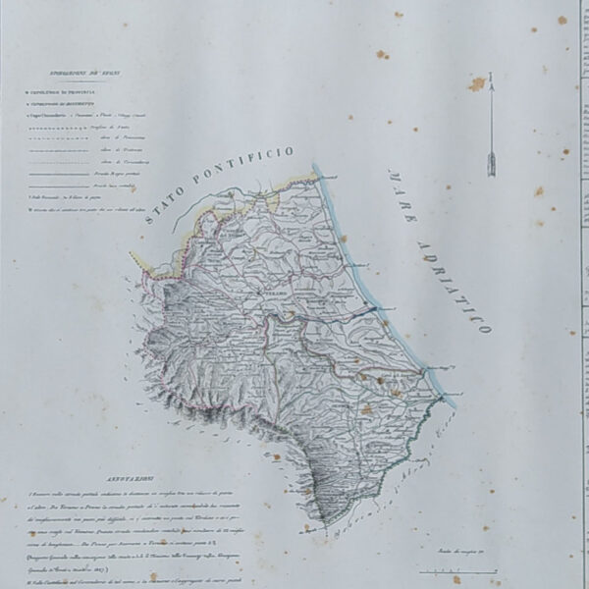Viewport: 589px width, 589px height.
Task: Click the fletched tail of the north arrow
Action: pos(489,163)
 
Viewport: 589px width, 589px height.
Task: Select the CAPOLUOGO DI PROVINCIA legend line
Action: pos(69,92)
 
